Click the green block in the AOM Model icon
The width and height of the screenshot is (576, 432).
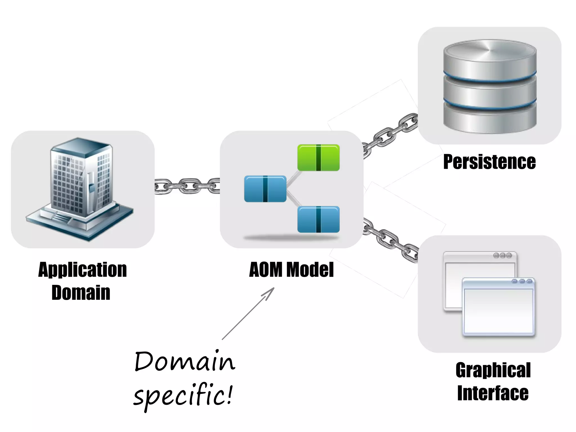(318, 158)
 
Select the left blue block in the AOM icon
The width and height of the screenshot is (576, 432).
(265, 189)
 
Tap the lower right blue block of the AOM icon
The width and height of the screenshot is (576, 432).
(318, 220)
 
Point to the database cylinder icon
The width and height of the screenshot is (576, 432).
(490, 87)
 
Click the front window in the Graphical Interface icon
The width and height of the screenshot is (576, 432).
(498, 308)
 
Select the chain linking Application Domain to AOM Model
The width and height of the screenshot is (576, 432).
(187, 186)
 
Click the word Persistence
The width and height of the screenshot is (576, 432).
(489, 162)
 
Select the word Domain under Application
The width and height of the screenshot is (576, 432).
(81, 293)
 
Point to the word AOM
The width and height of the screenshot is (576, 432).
(265, 270)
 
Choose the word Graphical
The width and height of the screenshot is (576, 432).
(493, 370)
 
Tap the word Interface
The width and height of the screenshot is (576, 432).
(493, 393)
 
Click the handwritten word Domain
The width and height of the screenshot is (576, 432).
(184, 362)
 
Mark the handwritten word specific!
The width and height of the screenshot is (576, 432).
(183, 395)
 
